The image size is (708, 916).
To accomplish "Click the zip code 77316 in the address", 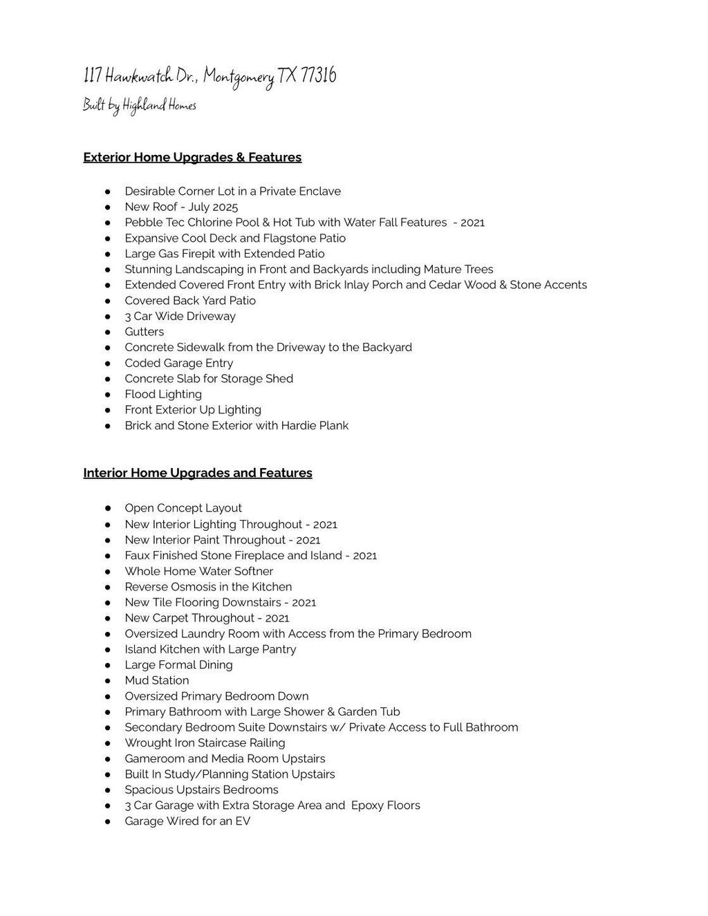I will point(319,76).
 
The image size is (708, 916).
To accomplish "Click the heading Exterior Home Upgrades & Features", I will point(192,158).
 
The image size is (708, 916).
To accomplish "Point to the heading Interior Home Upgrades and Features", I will point(198,473).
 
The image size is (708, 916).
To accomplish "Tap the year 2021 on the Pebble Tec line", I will point(472,223).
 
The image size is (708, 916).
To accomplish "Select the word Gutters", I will point(144,332).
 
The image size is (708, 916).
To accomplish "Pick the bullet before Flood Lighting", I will point(108,394).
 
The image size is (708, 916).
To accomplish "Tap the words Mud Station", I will point(156,680).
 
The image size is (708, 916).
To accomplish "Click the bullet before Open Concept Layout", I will point(108,508).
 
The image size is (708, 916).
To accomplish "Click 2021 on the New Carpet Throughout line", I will point(277,618).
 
